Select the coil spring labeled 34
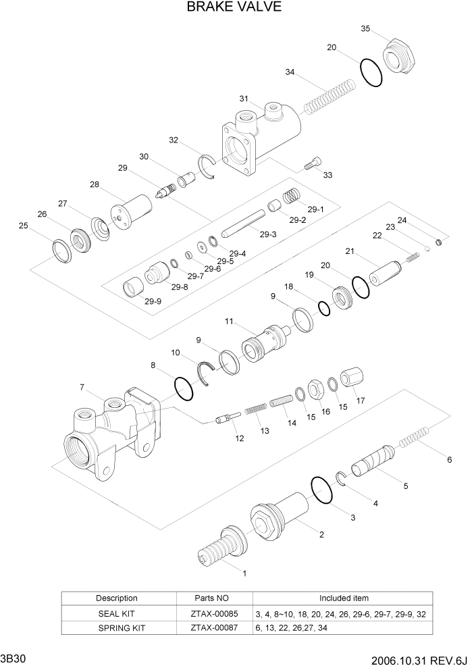pos(329,97)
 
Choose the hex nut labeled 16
pos(315,390)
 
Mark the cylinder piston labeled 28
pos(132,211)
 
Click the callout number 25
pos(23,226)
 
